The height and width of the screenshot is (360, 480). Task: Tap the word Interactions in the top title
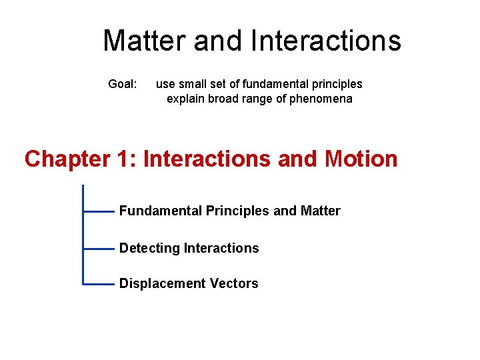327,41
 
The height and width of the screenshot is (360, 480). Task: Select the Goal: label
123,84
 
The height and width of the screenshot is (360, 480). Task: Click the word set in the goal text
219,84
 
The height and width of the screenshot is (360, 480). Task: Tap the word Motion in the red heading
361,159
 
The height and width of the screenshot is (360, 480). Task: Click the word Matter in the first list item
320,211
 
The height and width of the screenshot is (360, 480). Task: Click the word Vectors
234,284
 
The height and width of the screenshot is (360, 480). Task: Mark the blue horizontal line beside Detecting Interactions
99,248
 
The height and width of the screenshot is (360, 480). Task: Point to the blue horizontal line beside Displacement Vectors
99,283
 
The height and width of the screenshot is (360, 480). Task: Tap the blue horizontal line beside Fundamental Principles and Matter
99,211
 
